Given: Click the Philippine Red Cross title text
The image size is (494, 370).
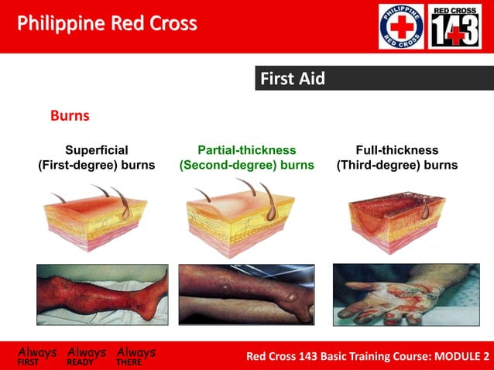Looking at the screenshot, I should click(107, 24).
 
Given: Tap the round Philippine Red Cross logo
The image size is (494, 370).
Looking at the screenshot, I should click(401, 26).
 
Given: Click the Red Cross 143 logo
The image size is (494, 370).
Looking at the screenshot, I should click(455, 26).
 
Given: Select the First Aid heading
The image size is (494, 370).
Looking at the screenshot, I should click(292, 78).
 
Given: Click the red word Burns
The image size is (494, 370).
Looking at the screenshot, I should click(70, 116).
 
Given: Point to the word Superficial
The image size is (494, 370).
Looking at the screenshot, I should click(97, 150).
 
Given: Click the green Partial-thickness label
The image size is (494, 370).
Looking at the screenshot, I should click(246, 150).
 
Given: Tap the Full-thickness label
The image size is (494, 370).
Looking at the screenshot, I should click(396, 150).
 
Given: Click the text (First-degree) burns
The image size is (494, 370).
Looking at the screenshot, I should click(97, 166).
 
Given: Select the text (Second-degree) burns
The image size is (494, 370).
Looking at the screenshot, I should click(246, 166).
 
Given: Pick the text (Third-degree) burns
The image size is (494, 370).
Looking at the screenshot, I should click(396, 166).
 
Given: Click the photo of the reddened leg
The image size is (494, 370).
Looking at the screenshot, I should click(102, 293).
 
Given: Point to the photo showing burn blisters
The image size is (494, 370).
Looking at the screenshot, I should click(245, 293).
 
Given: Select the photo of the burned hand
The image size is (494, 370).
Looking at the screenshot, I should click(396, 293).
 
